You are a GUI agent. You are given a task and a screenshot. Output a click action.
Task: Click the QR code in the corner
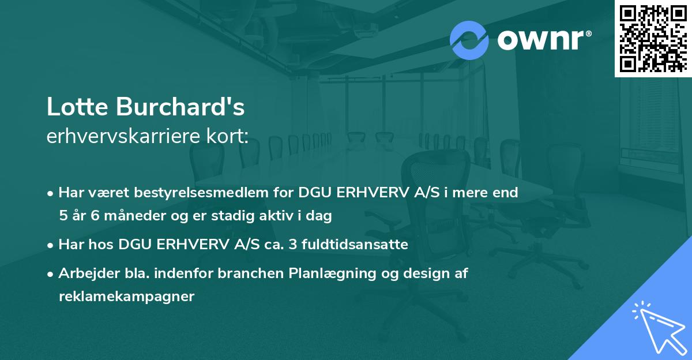pos(653,38)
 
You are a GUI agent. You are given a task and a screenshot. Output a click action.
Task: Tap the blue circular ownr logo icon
pos(469,40)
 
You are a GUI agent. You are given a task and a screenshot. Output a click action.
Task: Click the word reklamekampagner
pos(126,297)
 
